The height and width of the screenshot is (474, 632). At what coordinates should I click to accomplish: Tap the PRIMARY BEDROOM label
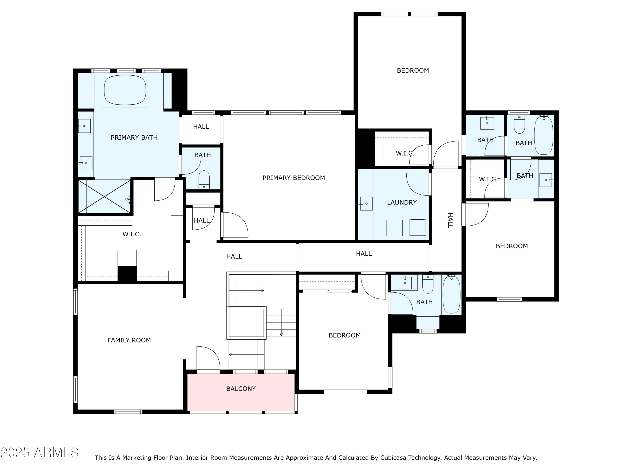[x=293, y=178]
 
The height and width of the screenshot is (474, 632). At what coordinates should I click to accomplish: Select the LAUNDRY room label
[x=402, y=202]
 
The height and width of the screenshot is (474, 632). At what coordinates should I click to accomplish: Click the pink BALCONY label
[x=241, y=388]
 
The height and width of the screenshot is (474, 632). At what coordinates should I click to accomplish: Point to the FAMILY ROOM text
[x=129, y=340]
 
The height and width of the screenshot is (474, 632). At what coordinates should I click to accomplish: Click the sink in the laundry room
[x=366, y=204]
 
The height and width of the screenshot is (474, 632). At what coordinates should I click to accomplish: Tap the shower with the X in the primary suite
[x=104, y=197]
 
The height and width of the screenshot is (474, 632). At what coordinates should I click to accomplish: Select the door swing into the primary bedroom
[x=236, y=225]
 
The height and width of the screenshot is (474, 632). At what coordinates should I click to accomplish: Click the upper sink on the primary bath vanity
[x=84, y=126]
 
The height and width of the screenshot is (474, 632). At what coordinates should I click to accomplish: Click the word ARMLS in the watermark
[x=56, y=452]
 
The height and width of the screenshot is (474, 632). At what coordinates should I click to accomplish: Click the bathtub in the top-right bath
[x=544, y=135]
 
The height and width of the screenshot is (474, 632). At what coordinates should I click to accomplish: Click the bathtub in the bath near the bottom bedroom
[x=451, y=294]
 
